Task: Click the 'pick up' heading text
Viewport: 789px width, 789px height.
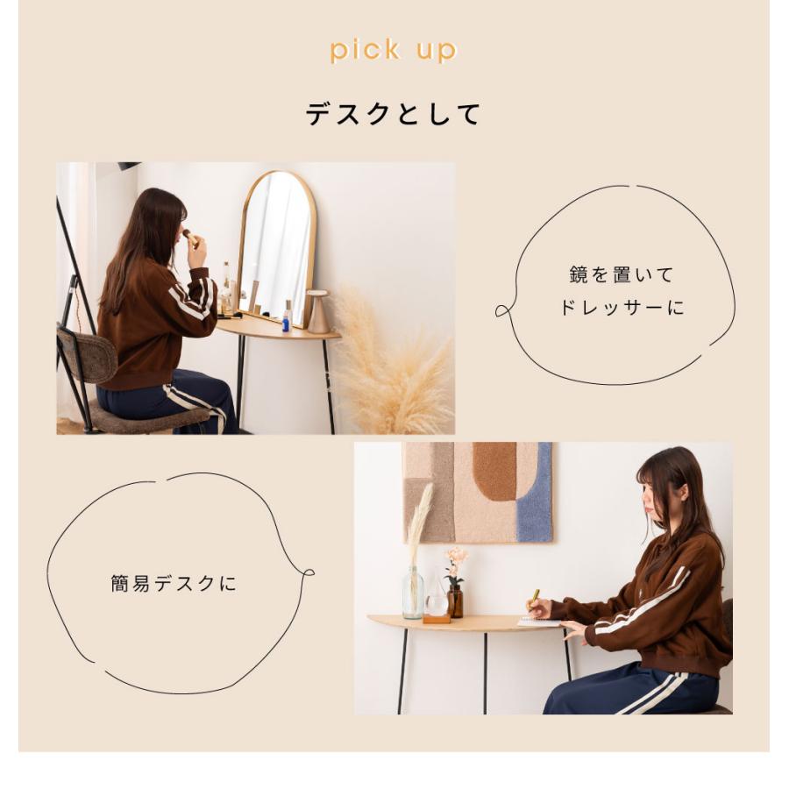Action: click(x=394, y=50)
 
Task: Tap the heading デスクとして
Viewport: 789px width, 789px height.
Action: click(x=394, y=114)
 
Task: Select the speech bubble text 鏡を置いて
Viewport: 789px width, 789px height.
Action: click(x=622, y=275)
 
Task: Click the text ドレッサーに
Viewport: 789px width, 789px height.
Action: click(x=622, y=308)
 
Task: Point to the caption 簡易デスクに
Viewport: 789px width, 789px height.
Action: click(x=174, y=584)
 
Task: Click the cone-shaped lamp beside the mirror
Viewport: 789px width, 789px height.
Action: click(x=317, y=312)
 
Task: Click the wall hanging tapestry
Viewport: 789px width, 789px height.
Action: click(x=478, y=491)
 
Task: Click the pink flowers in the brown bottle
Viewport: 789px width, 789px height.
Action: click(x=455, y=558)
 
